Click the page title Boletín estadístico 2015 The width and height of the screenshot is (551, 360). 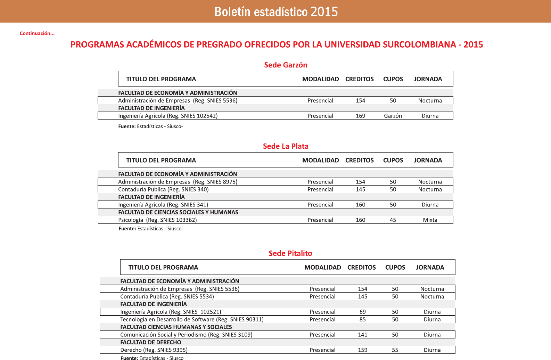pos(276,12)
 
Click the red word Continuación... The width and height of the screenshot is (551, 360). pos(37,33)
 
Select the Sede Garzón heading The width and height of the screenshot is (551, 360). pos(286,65)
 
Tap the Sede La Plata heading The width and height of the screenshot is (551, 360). pos(286,146)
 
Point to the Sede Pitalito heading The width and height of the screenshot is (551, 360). pos(290,253)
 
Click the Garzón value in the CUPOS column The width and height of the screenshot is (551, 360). pos(393,116)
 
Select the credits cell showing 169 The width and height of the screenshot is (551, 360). pos(360,116)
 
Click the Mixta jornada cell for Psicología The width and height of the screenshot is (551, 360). pos(430,220)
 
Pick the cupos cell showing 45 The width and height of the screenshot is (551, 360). pos(393,220)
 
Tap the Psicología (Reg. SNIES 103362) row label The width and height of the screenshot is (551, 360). pos(157,220)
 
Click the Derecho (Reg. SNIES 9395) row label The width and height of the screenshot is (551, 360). pos(154,350)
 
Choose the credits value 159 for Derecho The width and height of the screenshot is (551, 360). pos(362,350)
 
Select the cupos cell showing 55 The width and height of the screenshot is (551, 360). pos(395,350)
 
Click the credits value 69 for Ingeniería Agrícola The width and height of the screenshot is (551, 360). pos(362,312)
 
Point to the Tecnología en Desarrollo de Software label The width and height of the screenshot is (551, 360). pos(192,319)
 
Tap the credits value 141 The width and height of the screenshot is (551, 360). pos(362,335)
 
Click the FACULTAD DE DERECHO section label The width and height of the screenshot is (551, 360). pos(151,342)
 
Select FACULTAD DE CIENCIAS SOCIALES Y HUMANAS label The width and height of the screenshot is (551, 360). pos(178,212)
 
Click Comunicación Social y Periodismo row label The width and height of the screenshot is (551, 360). pos(186,335)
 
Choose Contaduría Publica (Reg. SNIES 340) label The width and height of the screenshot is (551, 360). pos(163,189)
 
